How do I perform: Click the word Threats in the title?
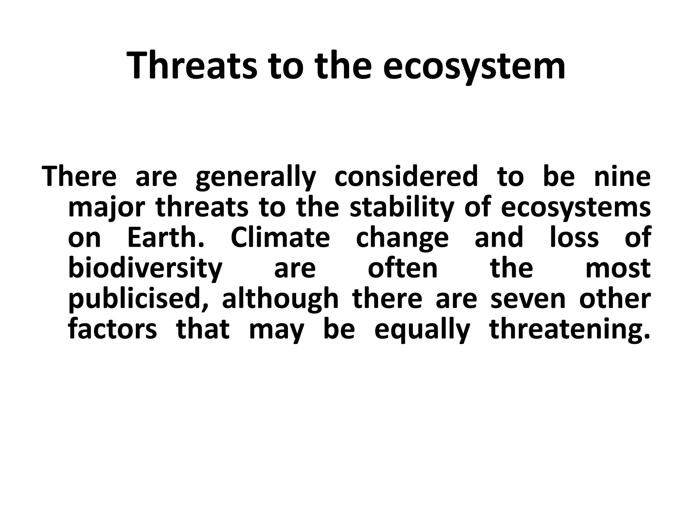193,66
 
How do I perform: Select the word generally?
255,177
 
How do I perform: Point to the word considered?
406,177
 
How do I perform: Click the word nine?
622,177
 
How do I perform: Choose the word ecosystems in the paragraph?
575,207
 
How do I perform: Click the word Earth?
166,238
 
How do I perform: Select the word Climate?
280,238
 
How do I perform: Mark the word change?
402,238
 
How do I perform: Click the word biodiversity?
145,268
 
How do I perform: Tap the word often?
403,268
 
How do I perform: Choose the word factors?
112,329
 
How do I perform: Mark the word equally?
422,329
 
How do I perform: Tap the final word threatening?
570,329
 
